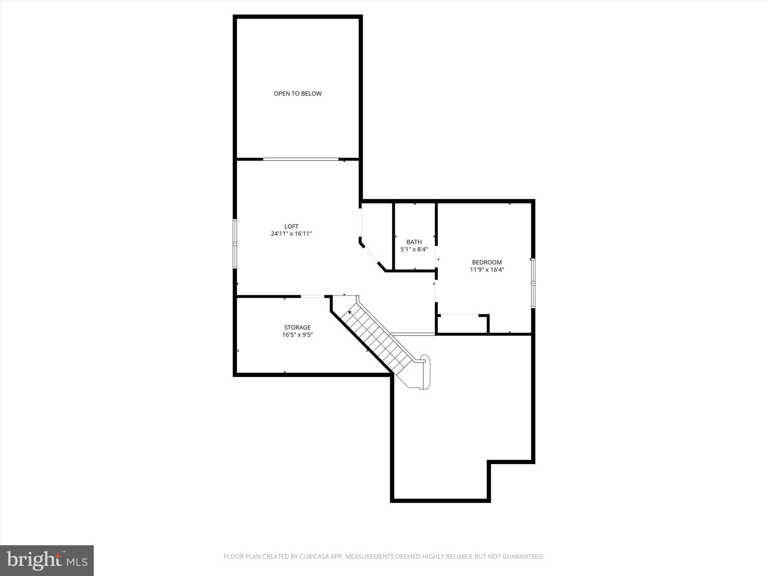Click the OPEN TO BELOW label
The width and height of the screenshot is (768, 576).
297,94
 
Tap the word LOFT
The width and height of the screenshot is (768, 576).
291,226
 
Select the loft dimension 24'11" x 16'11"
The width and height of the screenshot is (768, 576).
291,234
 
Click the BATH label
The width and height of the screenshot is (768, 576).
414,242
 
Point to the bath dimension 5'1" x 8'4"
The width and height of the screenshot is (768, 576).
414,249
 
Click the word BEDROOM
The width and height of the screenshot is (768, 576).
487,262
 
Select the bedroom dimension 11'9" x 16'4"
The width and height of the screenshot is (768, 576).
487,270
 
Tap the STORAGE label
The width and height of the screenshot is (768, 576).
297,327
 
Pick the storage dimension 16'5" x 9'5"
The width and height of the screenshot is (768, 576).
297,335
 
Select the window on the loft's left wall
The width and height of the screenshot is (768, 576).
235,244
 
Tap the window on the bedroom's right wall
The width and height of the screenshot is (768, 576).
533,283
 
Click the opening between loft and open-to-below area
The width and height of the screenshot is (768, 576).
300,159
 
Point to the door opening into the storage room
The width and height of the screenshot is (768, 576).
312,297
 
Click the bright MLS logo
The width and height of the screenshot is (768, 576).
47,560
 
